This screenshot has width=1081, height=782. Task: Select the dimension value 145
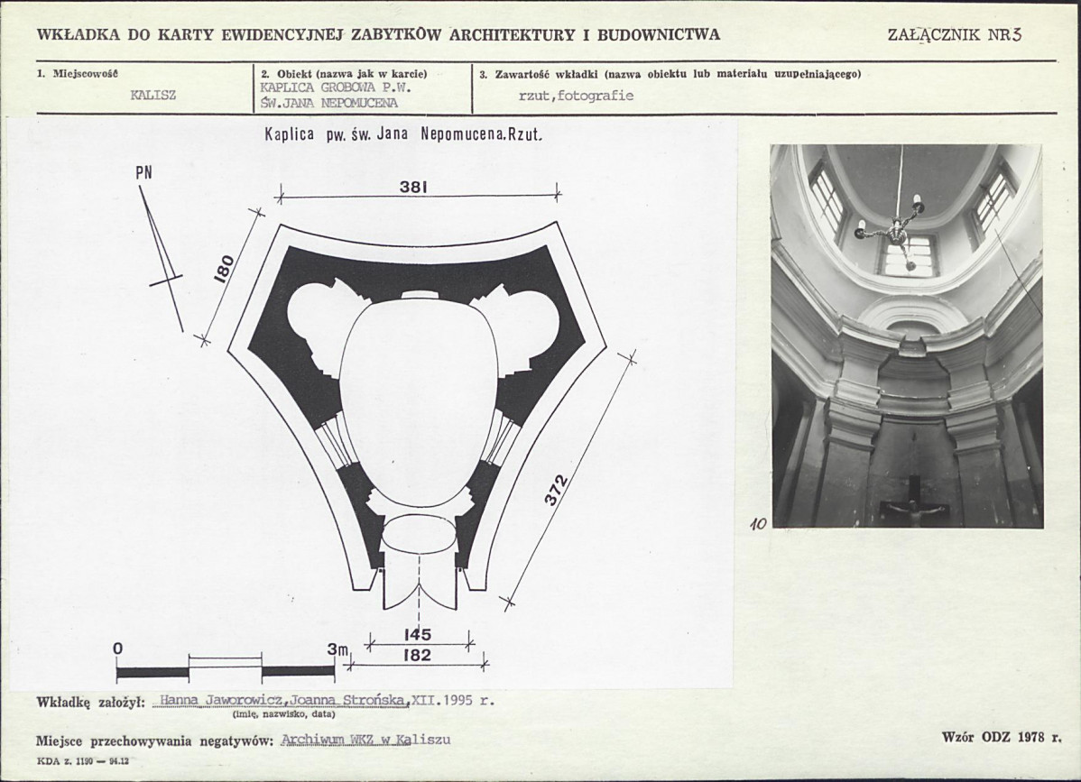417,635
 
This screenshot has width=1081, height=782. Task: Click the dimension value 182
417,656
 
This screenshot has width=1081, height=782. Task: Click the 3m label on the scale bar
337,649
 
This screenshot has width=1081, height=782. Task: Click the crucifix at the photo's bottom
913,511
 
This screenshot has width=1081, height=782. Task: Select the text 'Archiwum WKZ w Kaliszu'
365,741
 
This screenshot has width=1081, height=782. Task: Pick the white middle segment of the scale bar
226,671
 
